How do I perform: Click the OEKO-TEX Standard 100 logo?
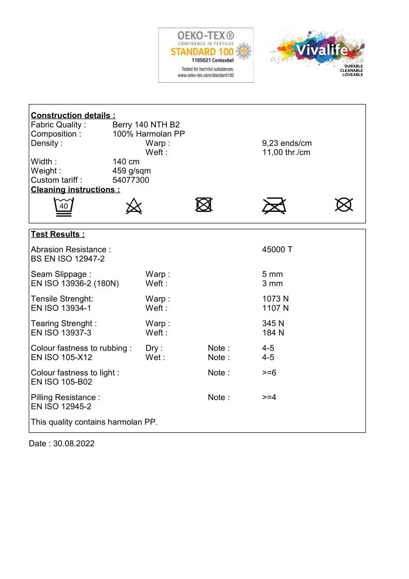(205, 55)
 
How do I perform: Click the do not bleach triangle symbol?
(134, 206)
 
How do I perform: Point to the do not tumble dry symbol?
(204, 205)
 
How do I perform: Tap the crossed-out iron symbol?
(274, 205)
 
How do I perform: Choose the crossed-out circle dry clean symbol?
(344, 205)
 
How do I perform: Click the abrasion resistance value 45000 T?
(277, 250)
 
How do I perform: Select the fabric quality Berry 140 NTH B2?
(146, 125)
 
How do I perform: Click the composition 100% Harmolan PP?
(149, 134)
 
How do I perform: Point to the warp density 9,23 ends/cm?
(287, 144)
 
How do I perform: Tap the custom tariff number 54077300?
(131, 180)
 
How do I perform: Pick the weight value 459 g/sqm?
(132, 171)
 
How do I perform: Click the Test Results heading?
(57, 234)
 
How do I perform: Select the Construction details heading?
(73, 115)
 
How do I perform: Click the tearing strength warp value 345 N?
(273, 323)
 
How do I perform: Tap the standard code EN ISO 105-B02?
(61, 382)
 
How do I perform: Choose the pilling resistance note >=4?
(269, 397)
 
